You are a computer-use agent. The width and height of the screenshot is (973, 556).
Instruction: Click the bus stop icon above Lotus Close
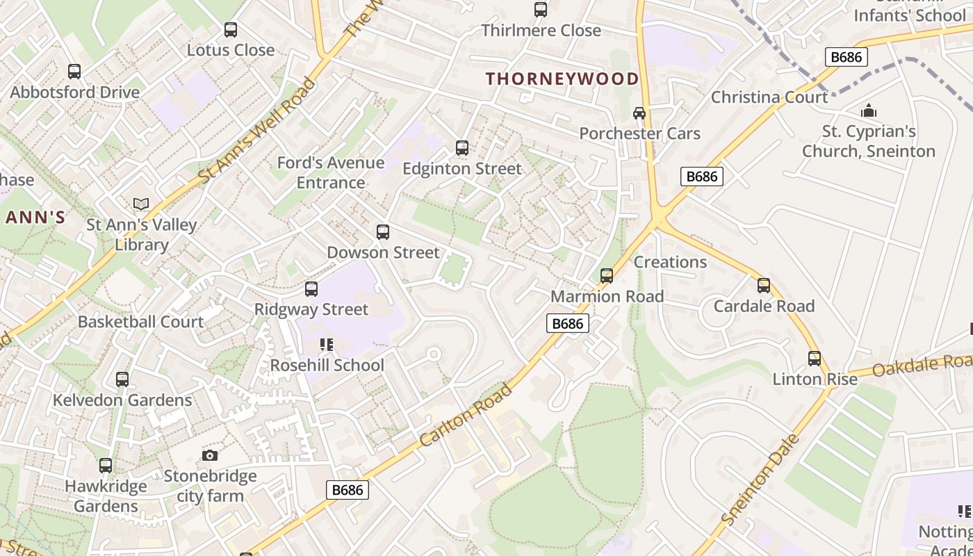[x=231, y=30]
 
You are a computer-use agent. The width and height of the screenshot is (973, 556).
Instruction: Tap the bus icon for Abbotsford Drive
[x=74, y=72]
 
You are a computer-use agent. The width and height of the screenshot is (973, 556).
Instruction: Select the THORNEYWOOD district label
[x=562, y=79]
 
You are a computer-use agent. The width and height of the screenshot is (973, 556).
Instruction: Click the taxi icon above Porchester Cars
[x=639, y=113]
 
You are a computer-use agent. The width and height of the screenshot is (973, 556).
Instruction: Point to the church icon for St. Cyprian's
[x=868, y=111]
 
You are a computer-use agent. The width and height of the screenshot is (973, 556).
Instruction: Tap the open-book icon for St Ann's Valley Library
[x=141, y=204]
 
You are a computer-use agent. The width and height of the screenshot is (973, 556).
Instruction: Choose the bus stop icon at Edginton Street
[x=462, y=148]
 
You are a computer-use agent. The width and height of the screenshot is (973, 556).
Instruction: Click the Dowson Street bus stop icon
[x=383, y=232]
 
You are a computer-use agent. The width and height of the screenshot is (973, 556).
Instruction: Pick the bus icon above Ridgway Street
[x=311, y=289]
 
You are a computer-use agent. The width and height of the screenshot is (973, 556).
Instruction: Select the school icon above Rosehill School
[x=327, y=345]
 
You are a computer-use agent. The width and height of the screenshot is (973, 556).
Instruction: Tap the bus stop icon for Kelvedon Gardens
[x=122, y=379]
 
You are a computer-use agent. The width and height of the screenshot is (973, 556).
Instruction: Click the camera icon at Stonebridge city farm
[x=210, y=456]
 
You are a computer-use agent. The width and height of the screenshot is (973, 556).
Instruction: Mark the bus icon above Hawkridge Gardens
[x=106, y=466]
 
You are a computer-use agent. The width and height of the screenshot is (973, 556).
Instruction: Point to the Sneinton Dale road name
[x=760, y=480]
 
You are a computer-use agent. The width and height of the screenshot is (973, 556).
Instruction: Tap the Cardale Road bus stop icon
[x=764, y=286]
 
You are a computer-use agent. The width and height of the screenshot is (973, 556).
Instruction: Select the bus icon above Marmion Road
[x=607, y=276]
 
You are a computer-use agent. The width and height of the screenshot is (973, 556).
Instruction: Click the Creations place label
[x=670, y=262]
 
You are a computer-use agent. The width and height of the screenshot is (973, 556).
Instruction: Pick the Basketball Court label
[x=140, y=322]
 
